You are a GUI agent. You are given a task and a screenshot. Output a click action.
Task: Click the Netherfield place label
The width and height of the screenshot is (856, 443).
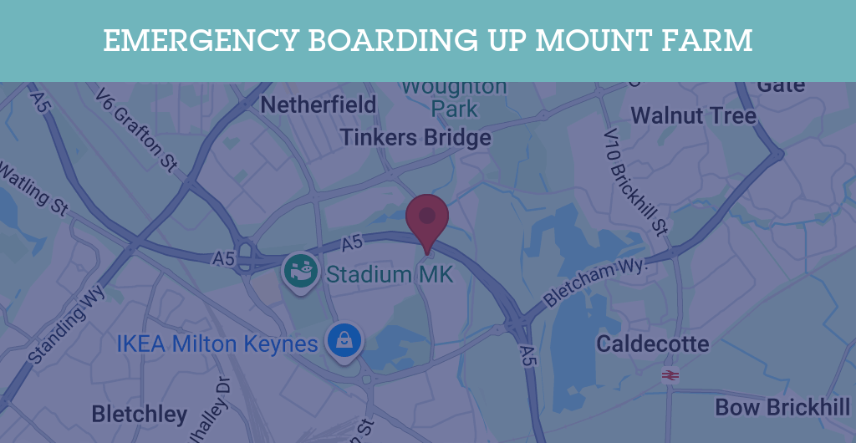318,105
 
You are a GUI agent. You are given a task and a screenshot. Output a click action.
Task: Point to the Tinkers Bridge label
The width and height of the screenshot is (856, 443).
415,137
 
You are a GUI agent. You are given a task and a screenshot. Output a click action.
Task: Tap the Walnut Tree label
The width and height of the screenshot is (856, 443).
693,115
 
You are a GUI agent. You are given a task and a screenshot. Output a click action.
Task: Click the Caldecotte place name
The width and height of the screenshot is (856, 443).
652,344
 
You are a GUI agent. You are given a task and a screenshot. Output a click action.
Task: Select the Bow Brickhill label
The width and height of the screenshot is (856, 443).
782,408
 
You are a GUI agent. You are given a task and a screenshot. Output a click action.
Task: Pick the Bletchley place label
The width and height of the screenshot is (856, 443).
139,414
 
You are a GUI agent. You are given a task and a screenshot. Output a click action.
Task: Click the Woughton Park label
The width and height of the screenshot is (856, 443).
454,97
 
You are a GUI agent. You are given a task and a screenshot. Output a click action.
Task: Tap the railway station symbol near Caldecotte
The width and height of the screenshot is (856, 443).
670,375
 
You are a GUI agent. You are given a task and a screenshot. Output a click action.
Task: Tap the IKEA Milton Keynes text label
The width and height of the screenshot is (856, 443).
217,344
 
